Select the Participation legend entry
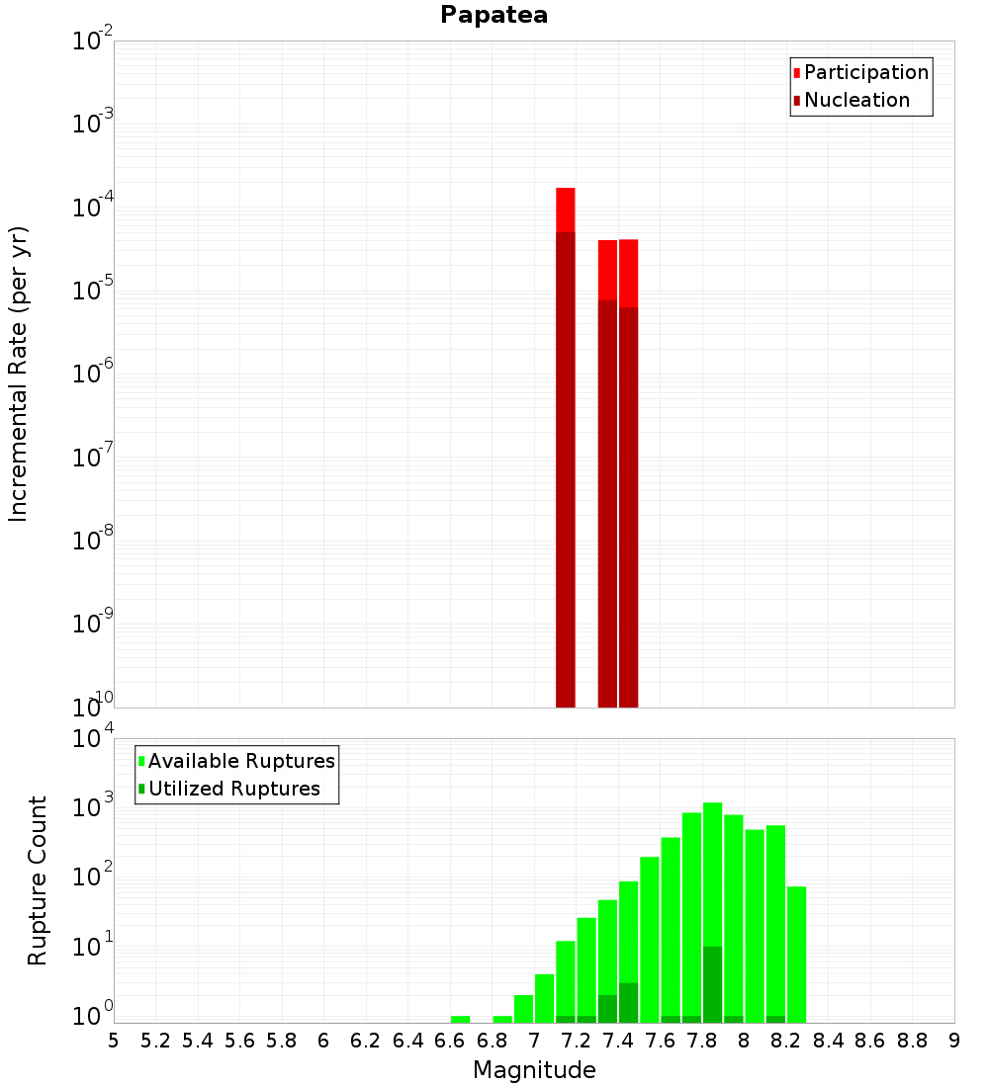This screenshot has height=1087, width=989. click(x=865, y=72)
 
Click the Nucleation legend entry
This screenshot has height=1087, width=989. click(x=855, y=100)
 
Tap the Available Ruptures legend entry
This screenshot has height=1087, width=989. click(x=240, y=761)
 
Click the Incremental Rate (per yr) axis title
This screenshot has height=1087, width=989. click(x=19, y=375)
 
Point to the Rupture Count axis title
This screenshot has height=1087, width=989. click(x=38, y=880)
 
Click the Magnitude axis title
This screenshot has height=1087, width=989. click(x=534, y=1070)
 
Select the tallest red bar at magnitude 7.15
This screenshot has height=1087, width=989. click(x=566, y=445)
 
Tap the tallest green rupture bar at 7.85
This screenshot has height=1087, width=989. click(x=713, y=909)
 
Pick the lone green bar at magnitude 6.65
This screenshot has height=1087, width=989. click(x=461, y=1019)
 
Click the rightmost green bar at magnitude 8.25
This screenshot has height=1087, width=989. click(x=797, y=954)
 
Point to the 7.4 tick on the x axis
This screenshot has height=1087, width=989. click(x=618, y=1040)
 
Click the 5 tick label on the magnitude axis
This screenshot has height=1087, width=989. click(x=114, y=1040)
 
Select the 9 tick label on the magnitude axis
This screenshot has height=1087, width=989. click(x=954, y=1040)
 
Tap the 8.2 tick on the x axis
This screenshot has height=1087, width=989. click(x=786, y=1040)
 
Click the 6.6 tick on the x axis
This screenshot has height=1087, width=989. click(x=450, y=1040)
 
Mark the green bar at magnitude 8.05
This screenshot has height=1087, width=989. click(x=755, y=925)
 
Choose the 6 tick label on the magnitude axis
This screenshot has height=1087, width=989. click(x=323, y=1040)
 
